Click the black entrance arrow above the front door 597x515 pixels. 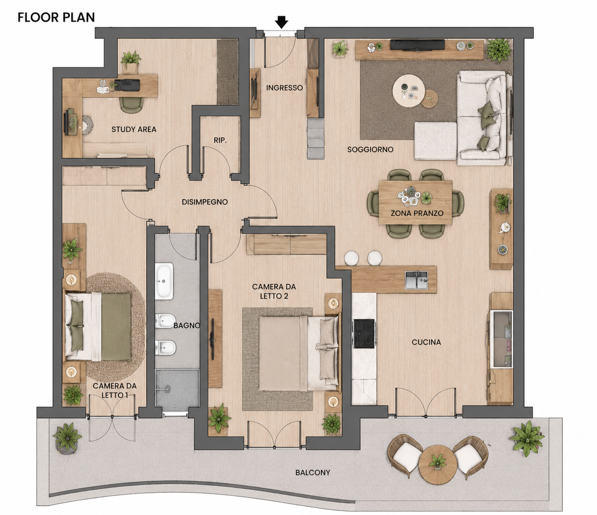click(281, 22)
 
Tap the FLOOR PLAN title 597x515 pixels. click(56, 18)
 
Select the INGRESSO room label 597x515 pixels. click(284, 88)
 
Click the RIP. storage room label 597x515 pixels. click(220, 140)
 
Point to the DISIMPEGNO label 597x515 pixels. click(205, 202)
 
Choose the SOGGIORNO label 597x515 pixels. click(370, 149)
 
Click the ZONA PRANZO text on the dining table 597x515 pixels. click(417, 213)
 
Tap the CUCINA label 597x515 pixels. click(426, 342)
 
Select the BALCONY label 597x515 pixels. click(312, 472)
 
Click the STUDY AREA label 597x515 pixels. click(134, 129)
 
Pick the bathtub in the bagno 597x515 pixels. click(164, 281)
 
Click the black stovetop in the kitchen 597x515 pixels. click(364, 334)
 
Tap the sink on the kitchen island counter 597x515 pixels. click(416, 280)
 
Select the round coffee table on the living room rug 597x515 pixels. click(408, 91)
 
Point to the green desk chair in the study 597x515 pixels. click(132, 105)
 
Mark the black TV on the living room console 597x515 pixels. click(417, 45)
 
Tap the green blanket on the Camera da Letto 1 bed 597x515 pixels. click(116, 327)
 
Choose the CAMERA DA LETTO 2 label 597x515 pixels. click(274, 291)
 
